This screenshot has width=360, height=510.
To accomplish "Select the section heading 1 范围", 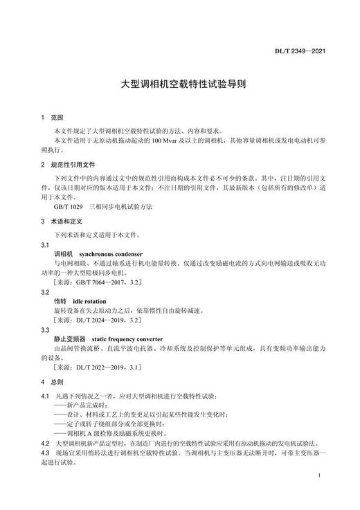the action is (52, 118).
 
